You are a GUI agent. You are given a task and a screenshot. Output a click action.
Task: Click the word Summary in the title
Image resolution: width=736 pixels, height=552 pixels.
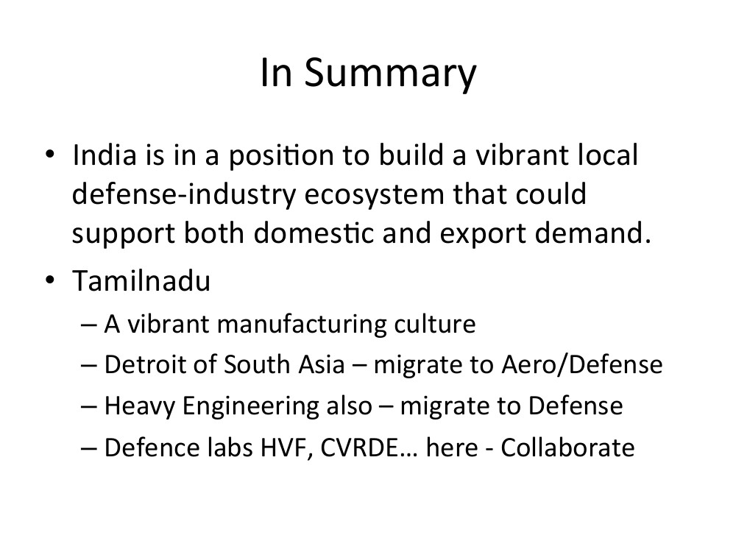tap(391, 74)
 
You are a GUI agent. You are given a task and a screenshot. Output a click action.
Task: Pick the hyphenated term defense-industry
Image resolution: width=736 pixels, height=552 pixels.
tap(184, 195)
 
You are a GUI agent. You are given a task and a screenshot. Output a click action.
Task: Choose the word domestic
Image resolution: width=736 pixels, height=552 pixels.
tap(314, 233)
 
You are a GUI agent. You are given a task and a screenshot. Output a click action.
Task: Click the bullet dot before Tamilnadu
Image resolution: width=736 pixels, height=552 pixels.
tap(50, 280)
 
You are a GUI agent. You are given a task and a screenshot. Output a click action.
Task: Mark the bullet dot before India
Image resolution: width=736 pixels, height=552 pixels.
tap(50, 154)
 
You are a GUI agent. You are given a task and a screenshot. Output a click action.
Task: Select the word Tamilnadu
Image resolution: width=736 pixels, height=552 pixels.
tap(141, 280)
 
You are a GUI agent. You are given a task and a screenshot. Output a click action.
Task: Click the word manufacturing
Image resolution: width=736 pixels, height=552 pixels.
tap(301, 325)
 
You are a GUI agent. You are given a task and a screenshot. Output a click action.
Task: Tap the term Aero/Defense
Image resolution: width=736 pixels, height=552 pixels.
tap(582, 365)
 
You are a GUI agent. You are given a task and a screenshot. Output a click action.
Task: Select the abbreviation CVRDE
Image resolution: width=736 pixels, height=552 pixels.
tap(360, 447)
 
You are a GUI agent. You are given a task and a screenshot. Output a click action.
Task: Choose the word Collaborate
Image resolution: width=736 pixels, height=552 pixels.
tap(567, 447)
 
